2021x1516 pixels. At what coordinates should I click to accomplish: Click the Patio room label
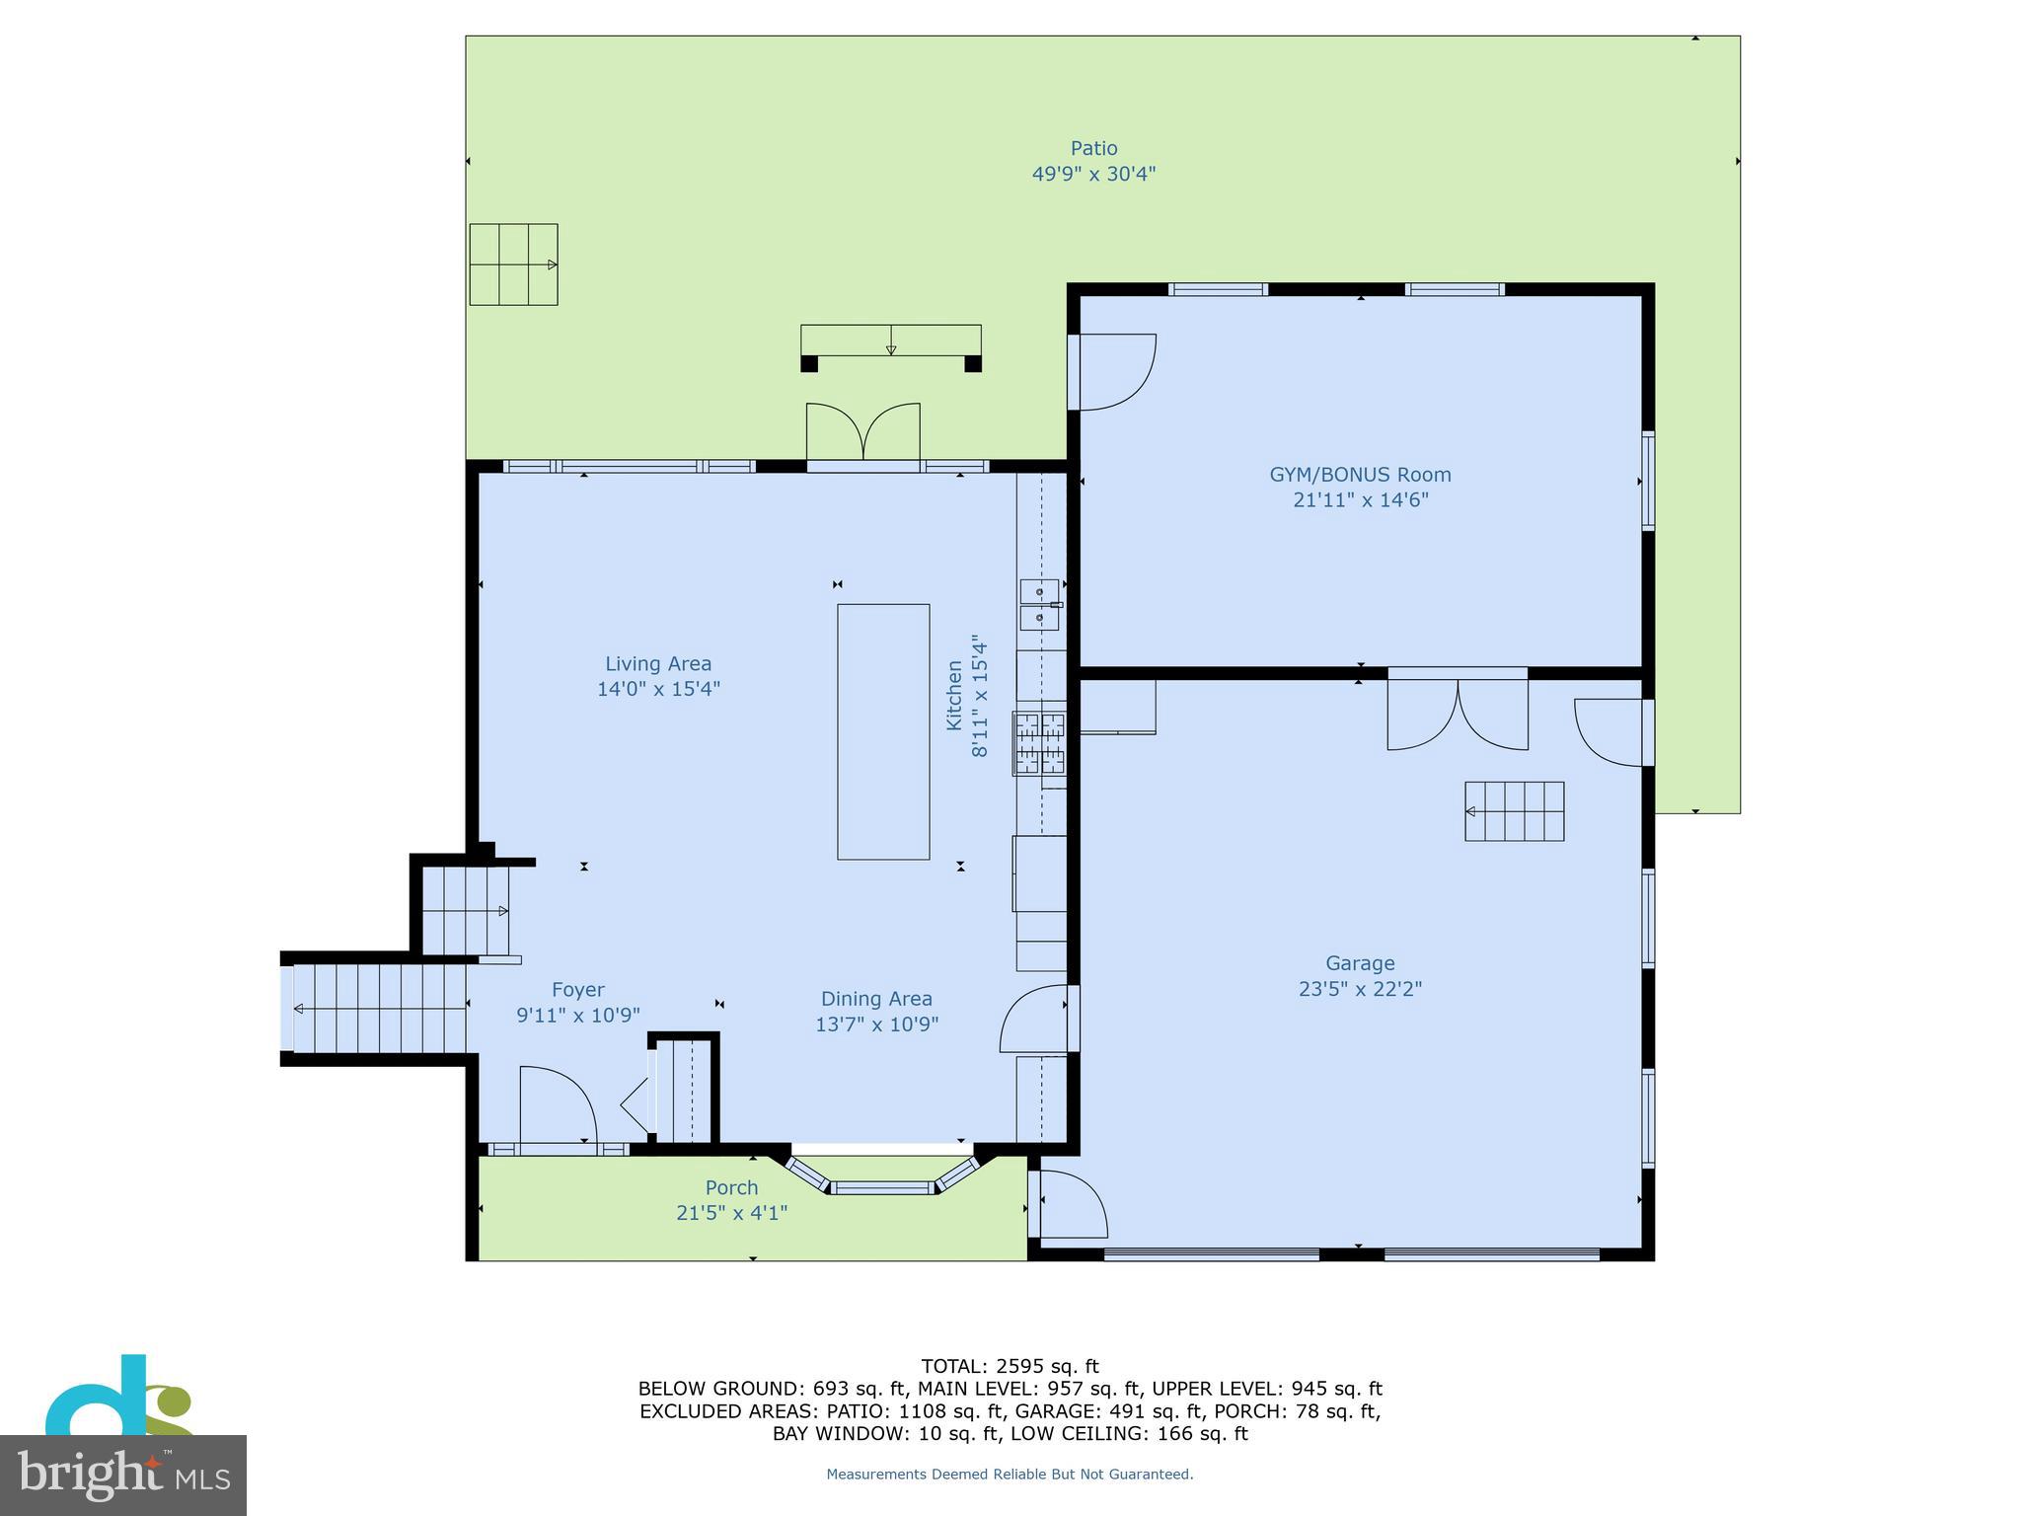(1093, 149)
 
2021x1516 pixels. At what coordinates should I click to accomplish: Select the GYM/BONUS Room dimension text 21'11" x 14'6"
(1360, 500)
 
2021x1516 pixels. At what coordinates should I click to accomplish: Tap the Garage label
(1359, 963)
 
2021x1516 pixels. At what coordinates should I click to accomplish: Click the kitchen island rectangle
(883, 731)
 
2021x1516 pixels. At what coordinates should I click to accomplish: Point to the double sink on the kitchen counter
(1039, 604)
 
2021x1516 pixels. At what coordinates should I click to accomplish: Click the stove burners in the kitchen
(1040, 743)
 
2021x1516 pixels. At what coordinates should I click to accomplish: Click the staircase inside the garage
(1514, 811)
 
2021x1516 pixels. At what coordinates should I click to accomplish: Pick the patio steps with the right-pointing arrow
(513, 265)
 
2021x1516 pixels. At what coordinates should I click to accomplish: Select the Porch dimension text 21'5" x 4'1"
(731, 1213)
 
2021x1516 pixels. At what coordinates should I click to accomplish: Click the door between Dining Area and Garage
(1036, 1019)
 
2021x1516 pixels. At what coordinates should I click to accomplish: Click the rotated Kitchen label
(954, 696)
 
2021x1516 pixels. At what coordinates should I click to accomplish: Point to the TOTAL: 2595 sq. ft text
(1010, 1367)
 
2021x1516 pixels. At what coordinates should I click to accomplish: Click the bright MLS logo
(122, 1475)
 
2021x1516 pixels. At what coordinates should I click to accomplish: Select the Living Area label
(658, 664)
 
